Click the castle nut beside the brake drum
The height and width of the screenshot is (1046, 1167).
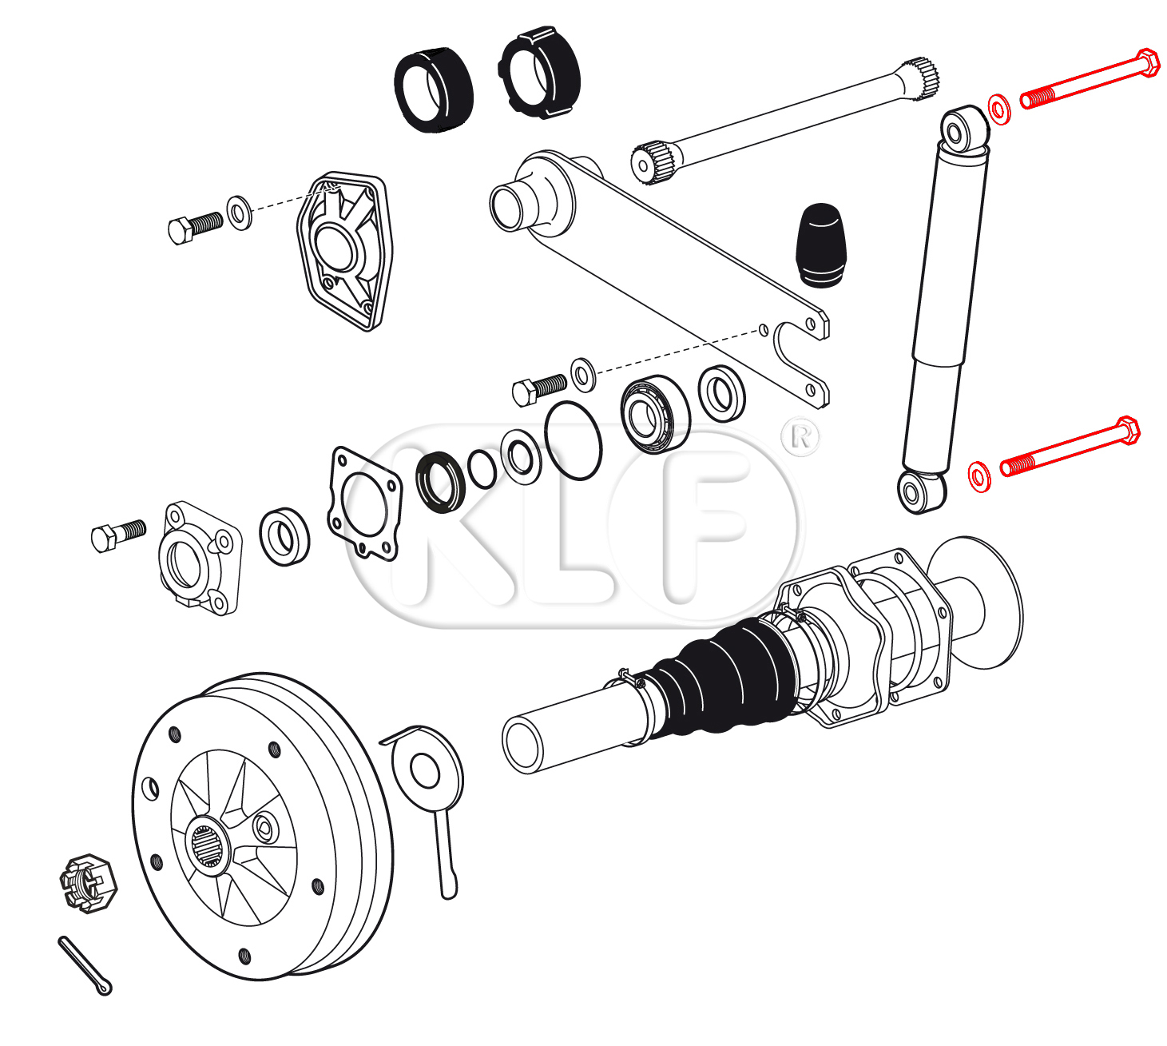click(x=89, y=882)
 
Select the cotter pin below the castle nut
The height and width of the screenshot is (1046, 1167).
click(x=85, y=965)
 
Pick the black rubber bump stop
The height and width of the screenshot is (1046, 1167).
click(x=820, y=245)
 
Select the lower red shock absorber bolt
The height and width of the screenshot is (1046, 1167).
click(x=1070, y=447)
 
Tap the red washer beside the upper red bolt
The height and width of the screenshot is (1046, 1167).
click(x=999, y=109)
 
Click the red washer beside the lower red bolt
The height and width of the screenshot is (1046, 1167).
click(x=979, y=476)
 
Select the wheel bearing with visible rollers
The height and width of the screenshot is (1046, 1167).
click(x=654, y=414)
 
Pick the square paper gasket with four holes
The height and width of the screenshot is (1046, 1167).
click(x=365, y=503)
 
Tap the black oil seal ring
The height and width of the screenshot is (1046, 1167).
click(x=440, y=482)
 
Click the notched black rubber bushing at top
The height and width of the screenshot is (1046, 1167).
click(x=539, y=74)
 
